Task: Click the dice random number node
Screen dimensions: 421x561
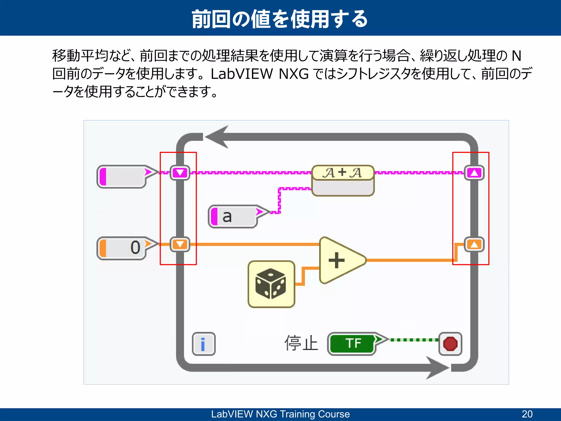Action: click(x=271, y=284)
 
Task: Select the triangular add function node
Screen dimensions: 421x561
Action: click(x=340, y=260)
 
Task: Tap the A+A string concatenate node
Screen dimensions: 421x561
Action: click(x=343, y=180)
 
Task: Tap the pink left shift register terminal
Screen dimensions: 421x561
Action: click(x=180, y=173)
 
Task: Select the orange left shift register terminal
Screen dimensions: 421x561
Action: click(x=180, y=244)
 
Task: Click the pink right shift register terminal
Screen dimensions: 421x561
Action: click(x=474, y=173)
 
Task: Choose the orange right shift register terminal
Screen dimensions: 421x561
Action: click(x=474, y=244)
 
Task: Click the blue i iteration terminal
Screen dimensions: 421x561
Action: click(x=204, y=344)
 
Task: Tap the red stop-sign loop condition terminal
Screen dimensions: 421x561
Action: click(x=450, y=344)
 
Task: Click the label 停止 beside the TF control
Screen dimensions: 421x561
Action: click(x=301, y=343)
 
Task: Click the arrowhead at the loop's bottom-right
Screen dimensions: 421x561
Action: click(x=437, y=368)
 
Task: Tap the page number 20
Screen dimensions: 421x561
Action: click(x=527, y=414)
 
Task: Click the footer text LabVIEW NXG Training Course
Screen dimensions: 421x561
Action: click(x=280, y=414)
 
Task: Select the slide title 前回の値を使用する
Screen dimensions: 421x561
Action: click(x=280, y=19)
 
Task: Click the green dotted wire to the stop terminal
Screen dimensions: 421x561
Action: click(x=414, y=340)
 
